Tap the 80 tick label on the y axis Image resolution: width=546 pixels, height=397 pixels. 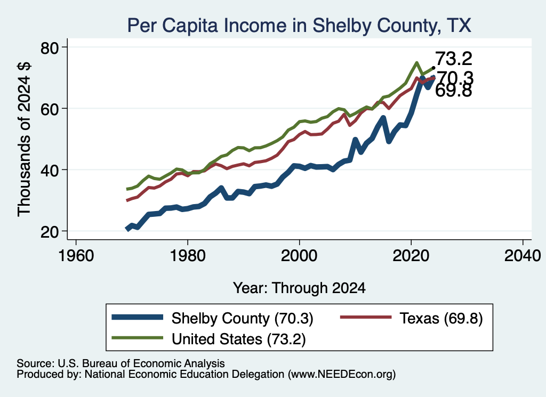pos(50,47)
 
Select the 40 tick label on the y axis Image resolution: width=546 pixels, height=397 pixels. pos(50,170)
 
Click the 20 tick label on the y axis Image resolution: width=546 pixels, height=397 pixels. pos(50,231)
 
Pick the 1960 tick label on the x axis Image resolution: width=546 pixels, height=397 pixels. pos(76,256)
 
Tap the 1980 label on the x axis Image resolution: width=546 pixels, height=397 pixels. pos(188,256)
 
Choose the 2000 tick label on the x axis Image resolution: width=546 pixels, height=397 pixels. pos(299,256)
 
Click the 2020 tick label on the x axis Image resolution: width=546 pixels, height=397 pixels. pos(411,256)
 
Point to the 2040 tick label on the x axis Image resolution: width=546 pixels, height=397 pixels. pos(523,256)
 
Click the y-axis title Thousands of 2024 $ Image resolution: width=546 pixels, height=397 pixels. pos(25,139)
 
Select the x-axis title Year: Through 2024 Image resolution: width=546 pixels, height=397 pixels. pos(299,288)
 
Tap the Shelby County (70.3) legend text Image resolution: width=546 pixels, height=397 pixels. pos(243,318)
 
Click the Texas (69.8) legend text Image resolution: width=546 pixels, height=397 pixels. pos(441,318)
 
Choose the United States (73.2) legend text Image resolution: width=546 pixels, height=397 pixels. pos(238,339)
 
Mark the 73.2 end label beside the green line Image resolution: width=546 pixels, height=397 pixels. pos(454,59)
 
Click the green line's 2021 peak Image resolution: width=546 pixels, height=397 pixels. pos(416,63)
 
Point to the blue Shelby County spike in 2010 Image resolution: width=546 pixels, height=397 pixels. pos(355,140)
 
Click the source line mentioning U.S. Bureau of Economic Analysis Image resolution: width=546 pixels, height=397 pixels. pos(121,363)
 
